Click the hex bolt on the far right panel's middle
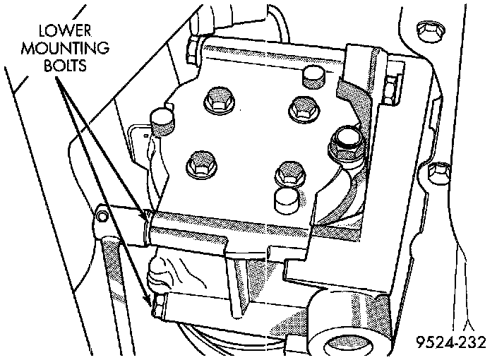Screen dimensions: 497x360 tap(439, 170)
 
